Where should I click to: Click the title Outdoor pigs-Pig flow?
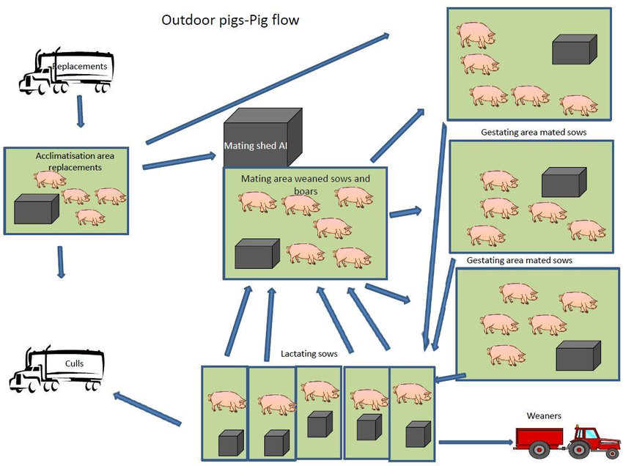[229, 20]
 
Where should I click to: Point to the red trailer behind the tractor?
[540, 439]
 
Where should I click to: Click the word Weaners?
[544, 416]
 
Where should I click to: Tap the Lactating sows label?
[309, 354]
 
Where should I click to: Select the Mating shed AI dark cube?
[262, 139]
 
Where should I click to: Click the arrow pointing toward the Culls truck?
[147, 409]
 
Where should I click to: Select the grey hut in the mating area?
[257, 254]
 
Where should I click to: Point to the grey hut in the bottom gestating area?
[578, 356]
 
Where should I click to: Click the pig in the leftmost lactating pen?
[225, 402]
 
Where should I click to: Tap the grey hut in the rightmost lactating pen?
[416, 434]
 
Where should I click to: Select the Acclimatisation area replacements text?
[80, 161]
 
